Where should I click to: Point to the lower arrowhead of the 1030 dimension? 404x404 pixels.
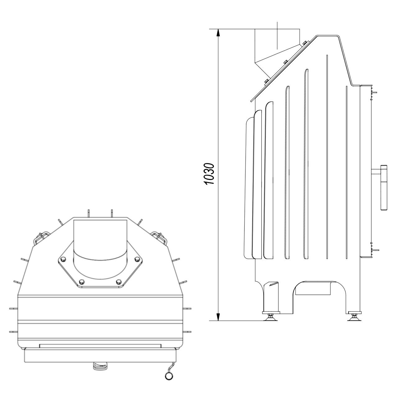pyautogui.click(x=218, y=321)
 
